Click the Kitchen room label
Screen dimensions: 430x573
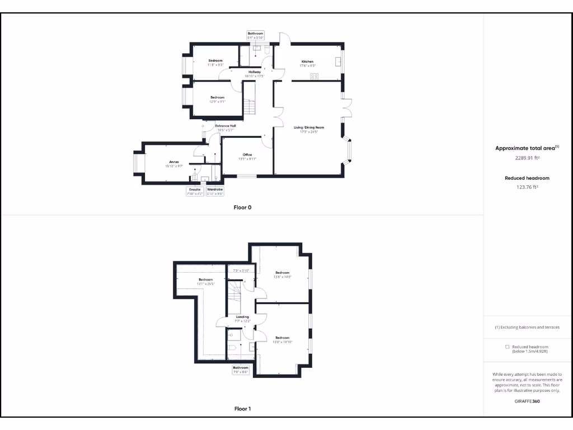[307, 62]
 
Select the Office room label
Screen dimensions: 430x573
[247, 155]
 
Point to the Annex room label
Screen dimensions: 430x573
[174, 162]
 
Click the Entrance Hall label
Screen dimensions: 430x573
[226, 126]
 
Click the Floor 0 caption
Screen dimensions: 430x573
[242, 208]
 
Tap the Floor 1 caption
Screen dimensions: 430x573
[242, 409]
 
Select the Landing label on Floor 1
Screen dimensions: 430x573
[242, 317]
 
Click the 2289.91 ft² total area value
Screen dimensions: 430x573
[527, 158]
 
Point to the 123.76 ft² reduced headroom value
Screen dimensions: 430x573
[527, 187]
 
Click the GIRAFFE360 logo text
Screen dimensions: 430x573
[527, 401]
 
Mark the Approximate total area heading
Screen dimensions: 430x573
[526, 148]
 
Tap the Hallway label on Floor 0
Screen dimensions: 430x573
[255, 72]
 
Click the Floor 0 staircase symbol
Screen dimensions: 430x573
[249, 106]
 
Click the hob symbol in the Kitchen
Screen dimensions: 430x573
[314, 76]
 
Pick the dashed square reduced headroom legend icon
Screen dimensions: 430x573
[508, 347]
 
